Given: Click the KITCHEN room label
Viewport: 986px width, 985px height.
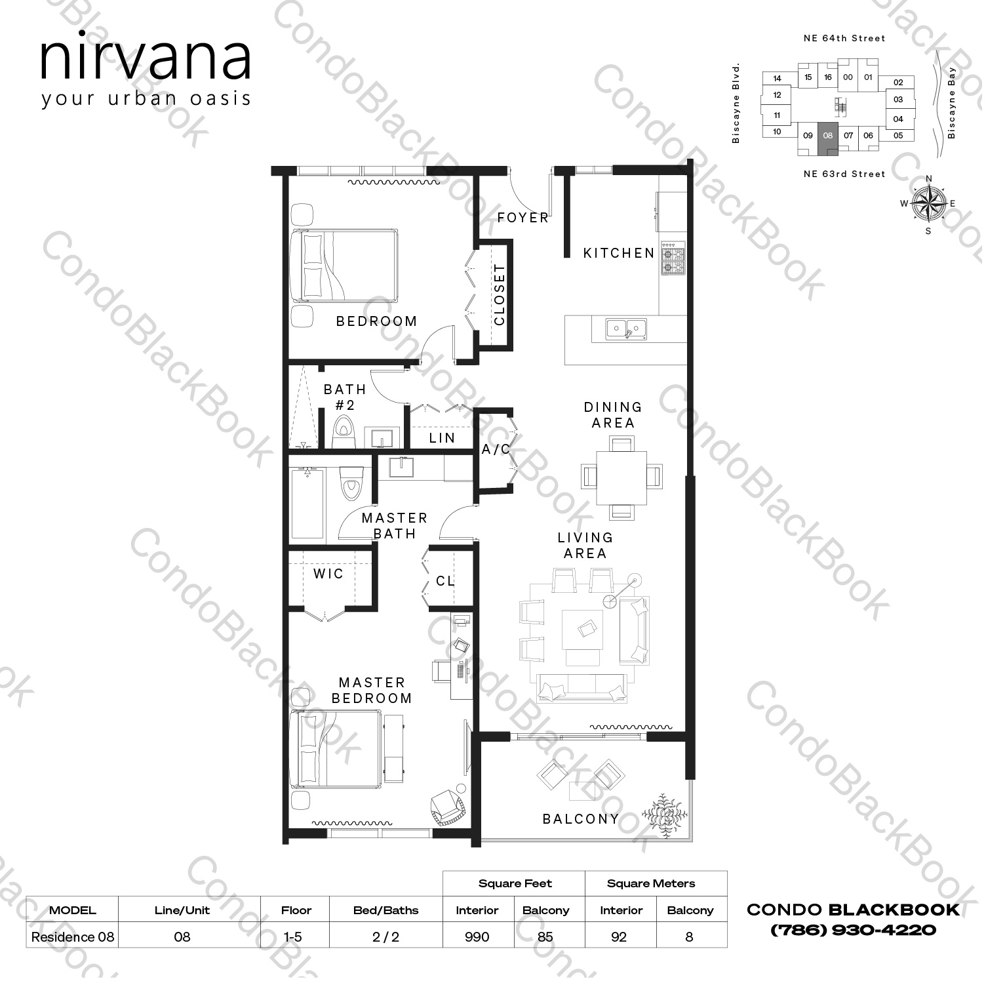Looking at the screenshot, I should [x=618, y=253].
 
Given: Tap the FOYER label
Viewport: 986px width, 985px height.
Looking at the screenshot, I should [x=523, y=218].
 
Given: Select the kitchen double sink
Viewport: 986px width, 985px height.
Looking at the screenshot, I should [x=626, y=328].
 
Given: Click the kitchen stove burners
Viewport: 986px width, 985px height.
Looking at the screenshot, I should [x=673, y=258].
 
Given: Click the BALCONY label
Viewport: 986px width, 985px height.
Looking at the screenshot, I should [x=580, y=819].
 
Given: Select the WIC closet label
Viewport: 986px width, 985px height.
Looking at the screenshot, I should [x=328, y=574].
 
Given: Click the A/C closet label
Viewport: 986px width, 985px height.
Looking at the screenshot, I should [x=496, y=450].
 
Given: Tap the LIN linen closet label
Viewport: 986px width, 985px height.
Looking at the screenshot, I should [x=442, y=438].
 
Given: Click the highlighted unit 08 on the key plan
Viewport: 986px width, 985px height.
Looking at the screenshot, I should [x=828, y=136].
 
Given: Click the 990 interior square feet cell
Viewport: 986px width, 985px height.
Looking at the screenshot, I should [x=477, y=936].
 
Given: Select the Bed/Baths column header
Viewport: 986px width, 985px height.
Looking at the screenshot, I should [x=385, y=910].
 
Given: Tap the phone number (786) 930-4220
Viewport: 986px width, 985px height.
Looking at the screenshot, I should [x=853, y=929].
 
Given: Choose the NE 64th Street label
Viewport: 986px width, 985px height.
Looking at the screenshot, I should [x=844, y=39].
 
